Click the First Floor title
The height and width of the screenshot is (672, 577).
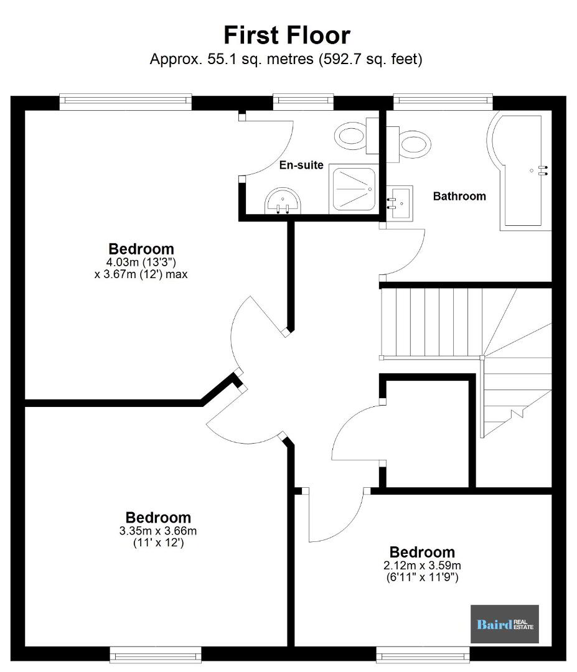[287, 35]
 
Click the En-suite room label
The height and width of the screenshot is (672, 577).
[301, 165]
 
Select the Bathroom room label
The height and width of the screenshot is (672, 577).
[459, 196]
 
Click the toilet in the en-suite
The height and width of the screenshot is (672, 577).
[356, 136]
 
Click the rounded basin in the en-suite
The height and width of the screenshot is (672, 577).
[283, 200]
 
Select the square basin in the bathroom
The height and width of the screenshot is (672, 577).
[400, 203]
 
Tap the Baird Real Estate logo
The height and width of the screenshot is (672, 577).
[505, 624]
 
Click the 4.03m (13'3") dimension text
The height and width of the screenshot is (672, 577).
[141, 262]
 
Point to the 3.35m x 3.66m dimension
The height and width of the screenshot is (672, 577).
[158, 531]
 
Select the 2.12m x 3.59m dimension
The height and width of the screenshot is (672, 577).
[422, 565]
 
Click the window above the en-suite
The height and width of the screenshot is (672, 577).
[304, 101]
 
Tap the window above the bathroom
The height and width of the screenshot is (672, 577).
[443, 101]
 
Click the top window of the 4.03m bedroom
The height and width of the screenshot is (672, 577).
[126, 101]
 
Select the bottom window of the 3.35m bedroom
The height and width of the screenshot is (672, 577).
[156, 655]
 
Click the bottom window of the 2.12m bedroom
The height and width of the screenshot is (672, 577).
[423, 655]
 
